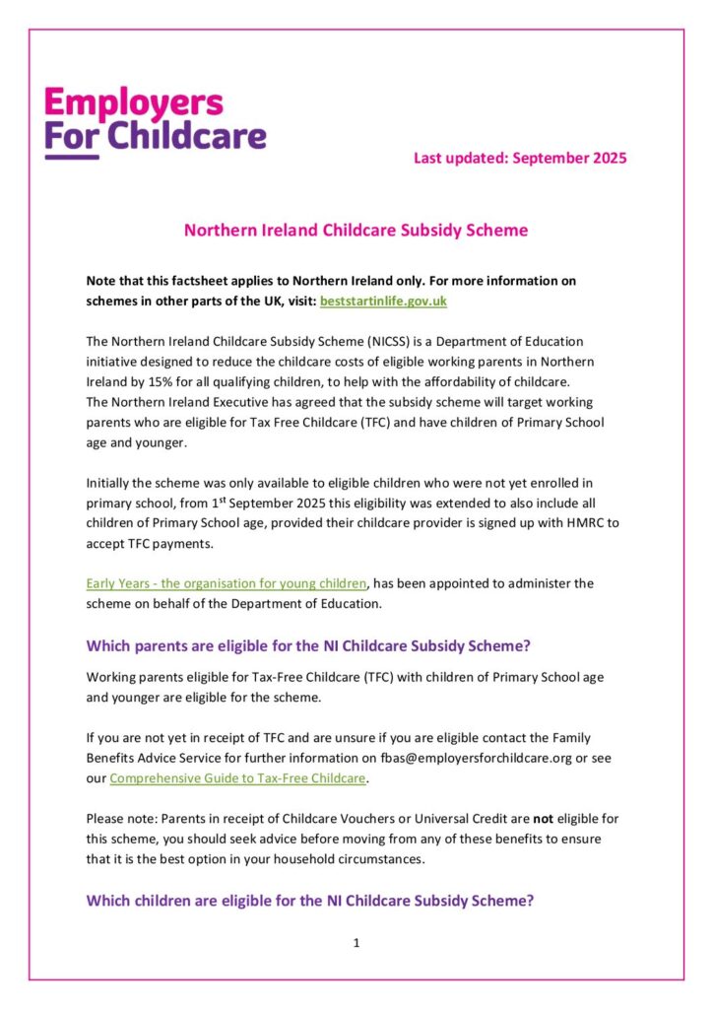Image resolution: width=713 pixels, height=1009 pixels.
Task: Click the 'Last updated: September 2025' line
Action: coord(520,158)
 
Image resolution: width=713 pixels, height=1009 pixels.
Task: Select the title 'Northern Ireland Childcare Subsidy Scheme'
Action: coord(356,231)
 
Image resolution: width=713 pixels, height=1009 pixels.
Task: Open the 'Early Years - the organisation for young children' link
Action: coord(227,583)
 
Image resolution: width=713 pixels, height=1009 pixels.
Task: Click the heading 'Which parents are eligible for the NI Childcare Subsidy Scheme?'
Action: coord(308,646)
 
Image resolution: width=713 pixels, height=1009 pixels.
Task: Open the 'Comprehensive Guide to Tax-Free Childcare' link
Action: coord(237,778)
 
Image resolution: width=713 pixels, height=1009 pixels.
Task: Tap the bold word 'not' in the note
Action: coord(547,819)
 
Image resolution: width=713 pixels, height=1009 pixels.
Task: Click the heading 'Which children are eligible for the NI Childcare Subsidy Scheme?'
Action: coord(310,900)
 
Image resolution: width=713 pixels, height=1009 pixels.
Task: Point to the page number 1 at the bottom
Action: coord(356,944)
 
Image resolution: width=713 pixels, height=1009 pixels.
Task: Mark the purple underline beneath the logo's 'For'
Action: coord(72,157)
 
